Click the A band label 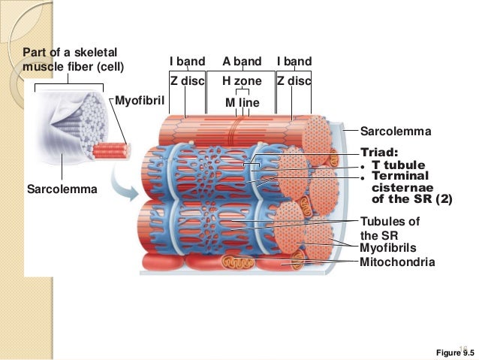(x=242, y=62)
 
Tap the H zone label (x=242, y=81)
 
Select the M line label (x=242, y=101)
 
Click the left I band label (x=187, y=62)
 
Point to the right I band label (x=294, y=62)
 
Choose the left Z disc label (x=187, y=81)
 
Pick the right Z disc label (x=294, y=81)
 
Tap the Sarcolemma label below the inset (x=62, y=189)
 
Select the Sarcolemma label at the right (x=396, y=132)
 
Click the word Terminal (x=399, y=176)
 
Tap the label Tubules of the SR (x=390, y=228)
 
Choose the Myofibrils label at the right (x=388, y=247)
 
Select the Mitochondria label (x=397, y=262)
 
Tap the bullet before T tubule (x=363, y=166)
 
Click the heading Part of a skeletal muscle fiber (x=73, y=59)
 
